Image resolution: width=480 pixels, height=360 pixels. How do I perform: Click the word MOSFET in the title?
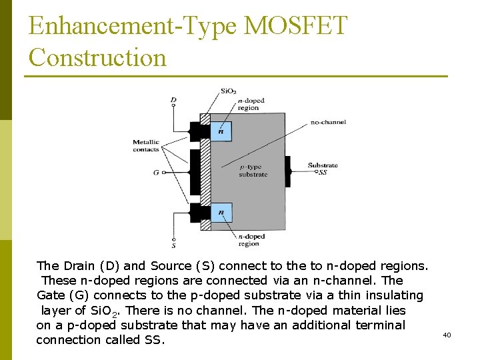(296, 27)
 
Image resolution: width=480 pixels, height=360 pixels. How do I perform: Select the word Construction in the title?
(97, 57)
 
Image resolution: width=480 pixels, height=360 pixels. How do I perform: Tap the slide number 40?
(447, 335)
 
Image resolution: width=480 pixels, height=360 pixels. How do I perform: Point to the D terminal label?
(173, 101)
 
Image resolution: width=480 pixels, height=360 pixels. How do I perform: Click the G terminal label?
(156, 172)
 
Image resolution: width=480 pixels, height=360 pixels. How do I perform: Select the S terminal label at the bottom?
(174, 245)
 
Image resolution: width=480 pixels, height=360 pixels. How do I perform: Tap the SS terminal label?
(323, 172)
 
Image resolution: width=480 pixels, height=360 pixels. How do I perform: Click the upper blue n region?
(221, 130)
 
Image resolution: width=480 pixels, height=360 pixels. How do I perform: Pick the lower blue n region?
(221, 213)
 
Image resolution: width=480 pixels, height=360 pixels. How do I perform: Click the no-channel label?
(328, 122)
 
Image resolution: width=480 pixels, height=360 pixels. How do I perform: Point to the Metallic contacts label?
(146, 145)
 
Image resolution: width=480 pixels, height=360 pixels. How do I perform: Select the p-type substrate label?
(253, 171)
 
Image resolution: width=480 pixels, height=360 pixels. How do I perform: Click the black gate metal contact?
(195, 172)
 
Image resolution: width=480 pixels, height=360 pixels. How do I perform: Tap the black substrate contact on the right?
(288, 171)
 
